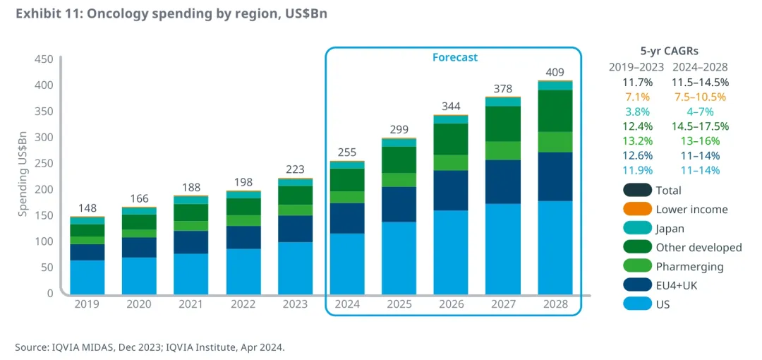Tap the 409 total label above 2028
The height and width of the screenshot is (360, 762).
pos(555,72)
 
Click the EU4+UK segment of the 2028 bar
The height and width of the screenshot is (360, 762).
pos(555,176)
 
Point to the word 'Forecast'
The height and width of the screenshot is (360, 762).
pos(454,57)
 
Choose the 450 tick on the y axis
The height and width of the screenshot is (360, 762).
pos(44,59)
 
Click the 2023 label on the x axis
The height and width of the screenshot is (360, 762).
pos(295,304)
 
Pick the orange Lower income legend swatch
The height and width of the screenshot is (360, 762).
pos(637,210)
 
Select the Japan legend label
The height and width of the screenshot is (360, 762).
pos(670,229)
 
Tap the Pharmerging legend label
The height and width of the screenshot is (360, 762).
pos(689,267)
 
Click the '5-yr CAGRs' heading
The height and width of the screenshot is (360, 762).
pos(668,51)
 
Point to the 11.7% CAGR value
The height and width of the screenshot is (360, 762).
pos(636,82)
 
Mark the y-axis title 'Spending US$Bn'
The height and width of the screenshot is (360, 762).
pos(23,177)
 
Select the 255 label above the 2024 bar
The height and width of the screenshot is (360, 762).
pos(347,152)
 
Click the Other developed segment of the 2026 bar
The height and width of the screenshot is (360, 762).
pos(451,139)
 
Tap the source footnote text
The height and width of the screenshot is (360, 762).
pos(150,347)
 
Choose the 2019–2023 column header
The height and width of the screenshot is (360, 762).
pos(636,67)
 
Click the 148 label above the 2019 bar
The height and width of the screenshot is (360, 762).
pos(87,208)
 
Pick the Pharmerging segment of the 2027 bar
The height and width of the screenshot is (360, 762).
pos(503,150)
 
